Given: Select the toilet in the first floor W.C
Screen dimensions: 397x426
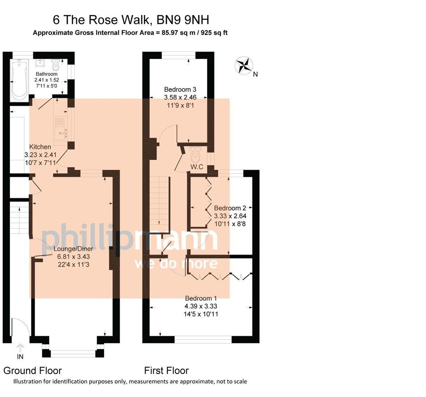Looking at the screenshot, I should coord(196,155).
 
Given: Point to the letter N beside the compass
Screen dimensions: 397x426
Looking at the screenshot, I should coord(255,74).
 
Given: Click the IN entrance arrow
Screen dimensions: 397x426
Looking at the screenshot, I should coord(20,347).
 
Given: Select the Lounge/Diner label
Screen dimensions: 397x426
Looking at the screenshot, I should coord(73,248).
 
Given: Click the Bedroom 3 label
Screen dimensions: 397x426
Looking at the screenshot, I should coord(180,89).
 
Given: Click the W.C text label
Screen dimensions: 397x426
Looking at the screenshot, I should coord(197,167).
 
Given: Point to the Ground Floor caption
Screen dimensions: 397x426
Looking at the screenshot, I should coord(33,370).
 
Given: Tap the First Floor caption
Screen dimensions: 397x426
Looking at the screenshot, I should coord(166,370).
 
